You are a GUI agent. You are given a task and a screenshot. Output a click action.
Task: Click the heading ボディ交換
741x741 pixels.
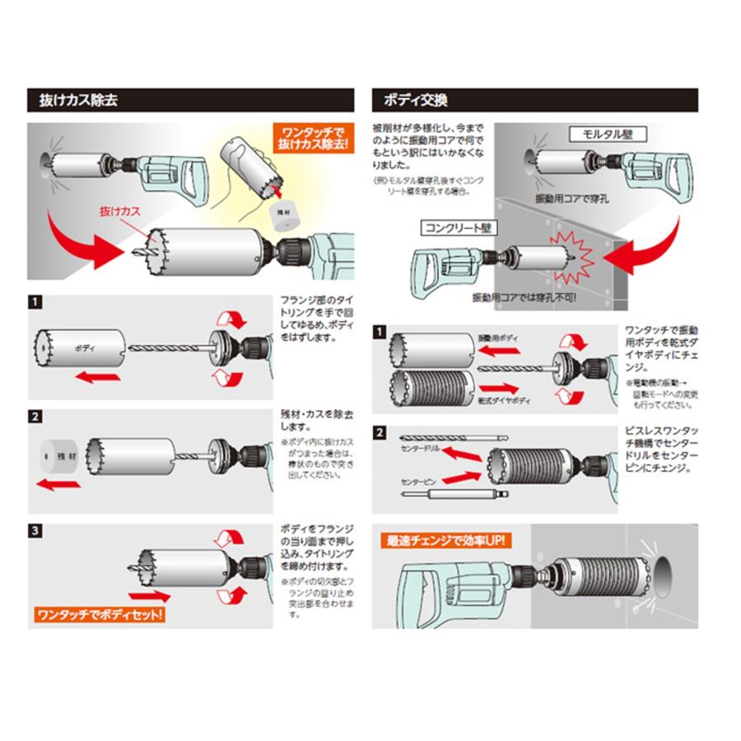[415, 100]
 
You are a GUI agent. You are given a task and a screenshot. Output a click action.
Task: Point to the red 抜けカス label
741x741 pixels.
[116, 212]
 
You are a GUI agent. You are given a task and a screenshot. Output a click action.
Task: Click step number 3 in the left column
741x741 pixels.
[35, 530]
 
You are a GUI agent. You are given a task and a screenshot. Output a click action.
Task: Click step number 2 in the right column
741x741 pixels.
[379, 432]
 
